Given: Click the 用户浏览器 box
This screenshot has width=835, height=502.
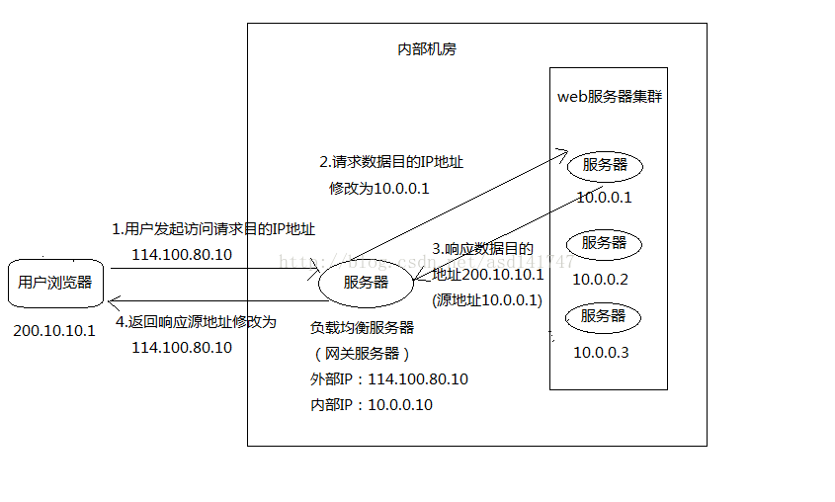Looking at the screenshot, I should [x=55, y=283].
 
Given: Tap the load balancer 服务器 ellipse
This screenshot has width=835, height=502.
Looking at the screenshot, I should [x=366, y=283].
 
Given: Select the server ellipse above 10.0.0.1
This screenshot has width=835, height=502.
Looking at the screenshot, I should [x=605, y=165].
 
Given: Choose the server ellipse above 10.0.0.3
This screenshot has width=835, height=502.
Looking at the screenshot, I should [x=604, y=317].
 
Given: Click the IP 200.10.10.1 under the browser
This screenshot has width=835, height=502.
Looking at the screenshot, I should [x=54, y=330].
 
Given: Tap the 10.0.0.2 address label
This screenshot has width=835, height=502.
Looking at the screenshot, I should [x=600, y=280].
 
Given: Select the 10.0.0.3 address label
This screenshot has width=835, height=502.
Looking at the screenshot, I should [x=600, y=353].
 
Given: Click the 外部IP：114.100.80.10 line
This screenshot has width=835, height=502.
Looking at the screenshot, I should [x=388, y=379].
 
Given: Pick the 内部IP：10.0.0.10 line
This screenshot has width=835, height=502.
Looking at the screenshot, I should [x=371, y=405].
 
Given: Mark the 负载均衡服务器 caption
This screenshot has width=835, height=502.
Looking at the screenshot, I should [x=362, y=327].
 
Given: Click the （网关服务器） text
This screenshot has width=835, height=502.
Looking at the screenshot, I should [x=359, y=353].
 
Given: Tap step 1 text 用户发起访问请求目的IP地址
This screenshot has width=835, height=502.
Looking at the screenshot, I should [x=213, y=229].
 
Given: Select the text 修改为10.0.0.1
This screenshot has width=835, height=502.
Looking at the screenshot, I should [x=379, y=188].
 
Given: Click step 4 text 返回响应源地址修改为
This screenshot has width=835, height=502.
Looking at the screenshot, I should [x=196, y=322].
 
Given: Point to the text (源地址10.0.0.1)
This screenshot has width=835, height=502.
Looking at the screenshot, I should [x=487, y=299].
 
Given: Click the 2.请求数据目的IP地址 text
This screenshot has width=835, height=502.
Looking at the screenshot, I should [x=390, y=162].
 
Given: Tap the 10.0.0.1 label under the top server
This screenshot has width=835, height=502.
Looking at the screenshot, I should [x=604, y=197].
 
